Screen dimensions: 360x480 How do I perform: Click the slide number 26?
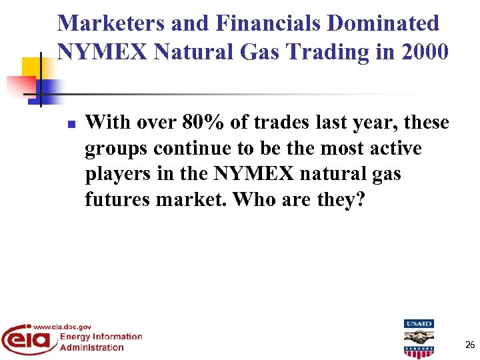click(x=469, y=345)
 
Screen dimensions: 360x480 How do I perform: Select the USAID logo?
click(x=418, y=339)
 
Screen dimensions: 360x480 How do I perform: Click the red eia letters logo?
click(x=27, y=339)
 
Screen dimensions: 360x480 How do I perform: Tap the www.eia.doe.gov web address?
click(x=63, y=327)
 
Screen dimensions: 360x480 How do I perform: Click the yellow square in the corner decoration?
click(x=31, y=67)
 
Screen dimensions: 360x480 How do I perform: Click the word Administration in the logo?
click(x=92, y=347)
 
